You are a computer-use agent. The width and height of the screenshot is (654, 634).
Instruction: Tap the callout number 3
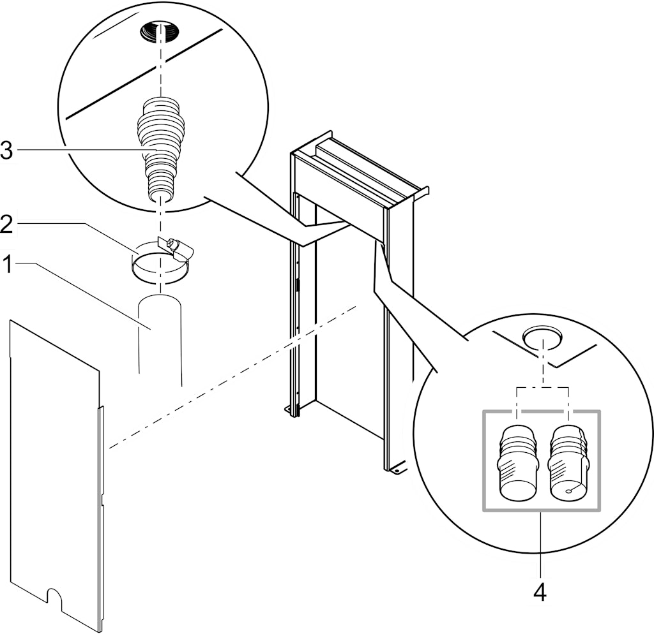point(8,150)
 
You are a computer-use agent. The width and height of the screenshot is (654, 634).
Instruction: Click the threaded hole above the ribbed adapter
point(160,31)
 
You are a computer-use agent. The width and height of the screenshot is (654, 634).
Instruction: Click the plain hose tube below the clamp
point(160,338)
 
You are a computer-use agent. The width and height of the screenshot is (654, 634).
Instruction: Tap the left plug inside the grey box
point(517,462)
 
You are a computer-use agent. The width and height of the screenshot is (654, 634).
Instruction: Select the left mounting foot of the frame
point(291,411)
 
